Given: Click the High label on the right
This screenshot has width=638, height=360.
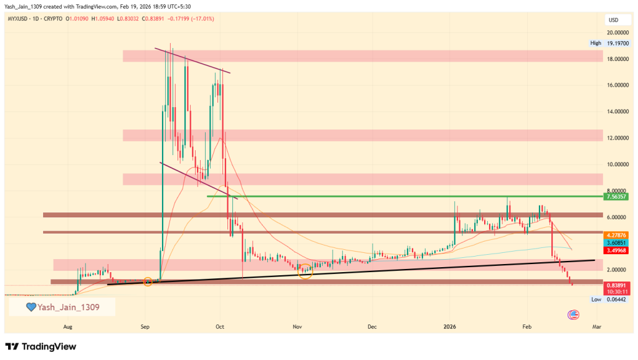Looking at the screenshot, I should coord(596,43).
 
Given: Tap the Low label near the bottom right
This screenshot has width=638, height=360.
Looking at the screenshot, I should coord(596,300).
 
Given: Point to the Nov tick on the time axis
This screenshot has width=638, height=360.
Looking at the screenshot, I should coord(297,326).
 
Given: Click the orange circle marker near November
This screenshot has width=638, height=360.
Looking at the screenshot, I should coord(305,270).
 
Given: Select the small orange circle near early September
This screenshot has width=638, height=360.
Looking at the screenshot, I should coord(148,282).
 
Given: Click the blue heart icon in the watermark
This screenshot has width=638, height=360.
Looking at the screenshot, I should coord(31,306).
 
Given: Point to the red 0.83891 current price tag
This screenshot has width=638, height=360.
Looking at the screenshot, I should coord(615,284).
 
